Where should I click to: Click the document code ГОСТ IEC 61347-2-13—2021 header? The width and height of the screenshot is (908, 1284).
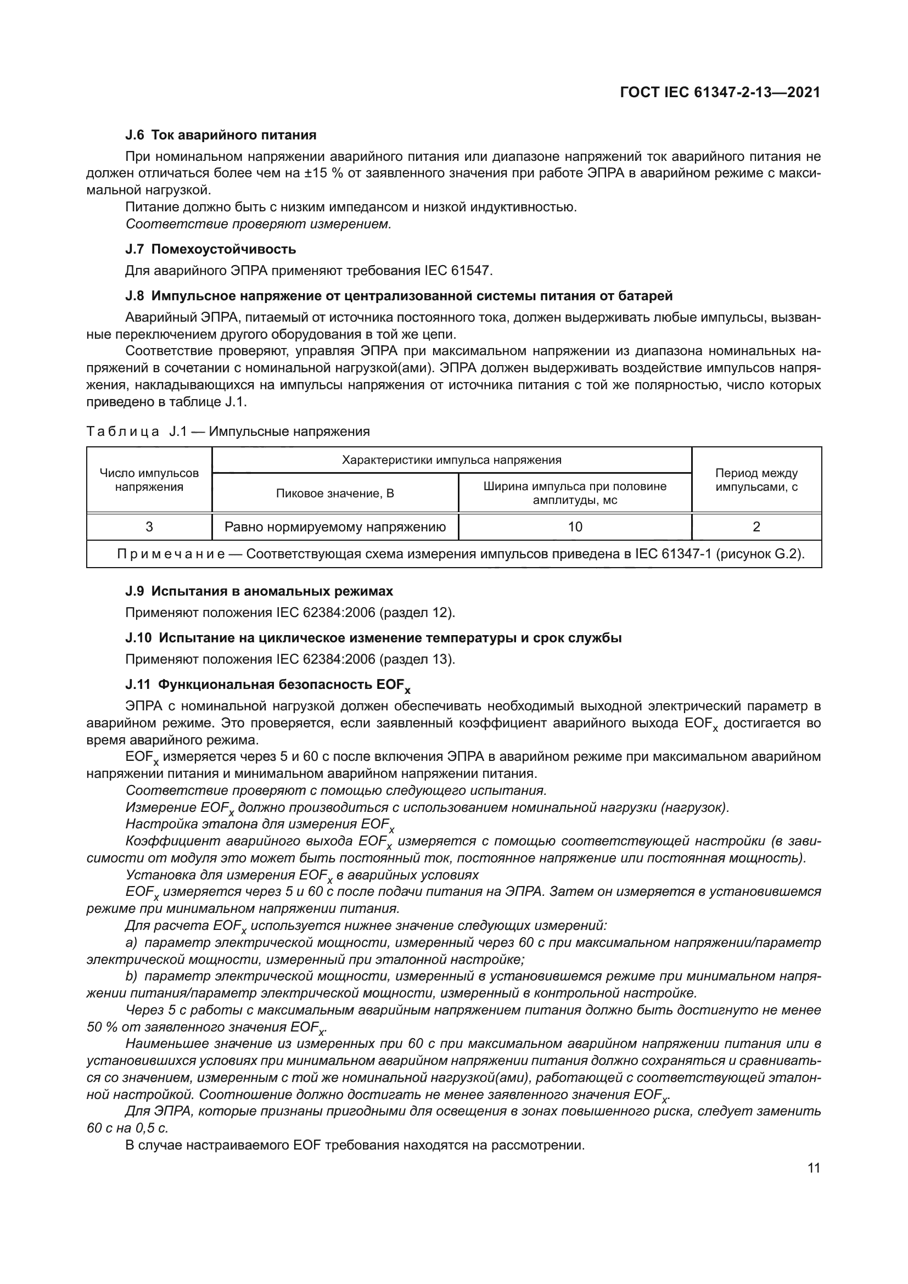[x=720, y=92]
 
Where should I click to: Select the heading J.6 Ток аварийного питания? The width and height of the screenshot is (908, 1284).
[x=221, y=135]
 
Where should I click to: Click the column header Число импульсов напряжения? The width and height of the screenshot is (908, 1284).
[x=149, y=480]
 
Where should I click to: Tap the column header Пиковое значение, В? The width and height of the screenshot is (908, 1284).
[x=335, y=494]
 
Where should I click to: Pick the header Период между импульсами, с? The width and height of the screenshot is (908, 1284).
[x=756, y=480]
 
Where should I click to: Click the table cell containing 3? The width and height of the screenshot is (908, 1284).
[x=149, y=527]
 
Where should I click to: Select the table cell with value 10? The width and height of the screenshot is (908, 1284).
[x=575, y=527]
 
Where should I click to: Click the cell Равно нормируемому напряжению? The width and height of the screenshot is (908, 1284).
[x=335, y=527]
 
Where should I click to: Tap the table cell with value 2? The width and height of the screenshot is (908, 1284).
[x=756, y=527]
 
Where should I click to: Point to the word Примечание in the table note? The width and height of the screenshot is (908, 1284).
[x=171, y=554]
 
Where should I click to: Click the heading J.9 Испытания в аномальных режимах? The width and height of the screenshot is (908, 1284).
[x=260, y=591]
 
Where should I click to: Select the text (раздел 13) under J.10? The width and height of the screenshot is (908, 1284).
[x=417, y=659]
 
